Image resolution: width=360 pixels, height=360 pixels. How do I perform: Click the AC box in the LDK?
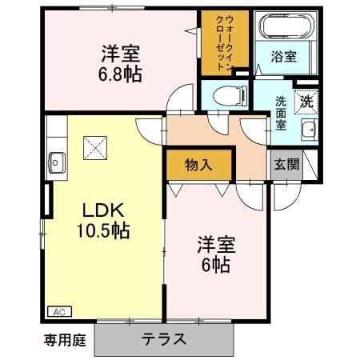(x=59, y=311)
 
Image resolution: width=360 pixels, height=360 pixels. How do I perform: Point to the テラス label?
(x=165, y=338)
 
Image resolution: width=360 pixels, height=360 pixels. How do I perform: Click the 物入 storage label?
(x=198, y=166)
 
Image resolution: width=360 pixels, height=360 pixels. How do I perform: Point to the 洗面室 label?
(x=282, y=112)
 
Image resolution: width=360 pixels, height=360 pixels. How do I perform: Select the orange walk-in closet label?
(x=218, y=42)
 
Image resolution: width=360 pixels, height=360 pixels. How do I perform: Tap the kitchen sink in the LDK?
(x=57, y=158)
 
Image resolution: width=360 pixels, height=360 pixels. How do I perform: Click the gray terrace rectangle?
(x=166, y=338)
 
